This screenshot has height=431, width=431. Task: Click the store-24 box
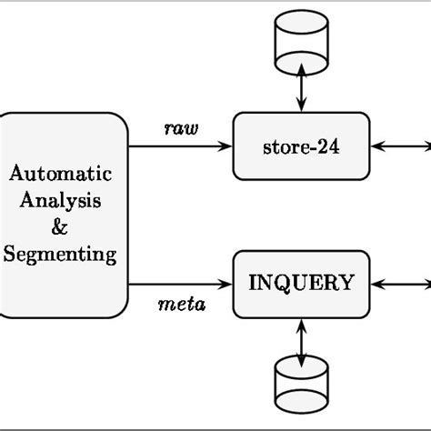(x=301, y=145)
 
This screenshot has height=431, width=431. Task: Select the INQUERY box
(x=301, y=283)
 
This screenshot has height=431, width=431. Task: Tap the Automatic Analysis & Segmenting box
(x=61, y=215)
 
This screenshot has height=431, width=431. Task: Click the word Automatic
(x=61, y=172)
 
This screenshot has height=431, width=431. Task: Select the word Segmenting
(x=61, y=254)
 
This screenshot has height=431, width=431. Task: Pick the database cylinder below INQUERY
(x=301, y=382)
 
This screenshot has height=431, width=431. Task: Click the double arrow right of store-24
(x=400, y=145)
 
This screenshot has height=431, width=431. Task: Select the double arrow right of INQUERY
(x=400, y=284)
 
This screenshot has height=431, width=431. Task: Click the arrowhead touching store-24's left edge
(x=227, y=145)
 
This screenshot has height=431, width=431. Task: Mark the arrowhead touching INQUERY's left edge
(x=227, y=284)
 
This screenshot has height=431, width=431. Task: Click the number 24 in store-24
(x=328, y=145)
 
